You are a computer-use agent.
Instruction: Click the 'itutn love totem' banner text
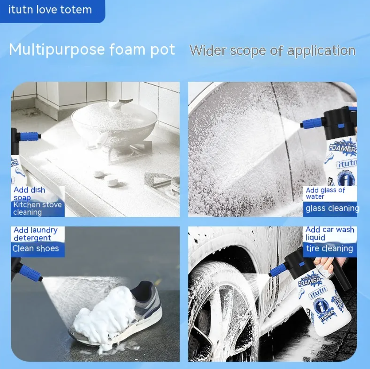click(50, 10)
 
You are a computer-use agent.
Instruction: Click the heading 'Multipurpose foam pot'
click(92, 50)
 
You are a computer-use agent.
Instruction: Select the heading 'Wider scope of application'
click(272, 51)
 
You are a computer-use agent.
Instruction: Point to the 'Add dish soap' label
click(30, 194)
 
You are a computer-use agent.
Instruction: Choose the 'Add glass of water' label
click(325, 193)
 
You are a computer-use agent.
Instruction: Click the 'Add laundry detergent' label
click(35, 234)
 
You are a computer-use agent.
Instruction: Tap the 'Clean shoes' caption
click(36, 248)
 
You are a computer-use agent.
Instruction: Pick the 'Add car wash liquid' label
click(329, 233)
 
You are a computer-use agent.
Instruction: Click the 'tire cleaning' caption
click(329, 248)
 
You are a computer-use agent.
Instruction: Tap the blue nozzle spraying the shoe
click(31, 273)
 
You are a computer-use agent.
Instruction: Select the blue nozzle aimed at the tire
click(278, 270)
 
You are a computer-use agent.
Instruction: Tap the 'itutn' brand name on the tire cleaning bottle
click(318, 291)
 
